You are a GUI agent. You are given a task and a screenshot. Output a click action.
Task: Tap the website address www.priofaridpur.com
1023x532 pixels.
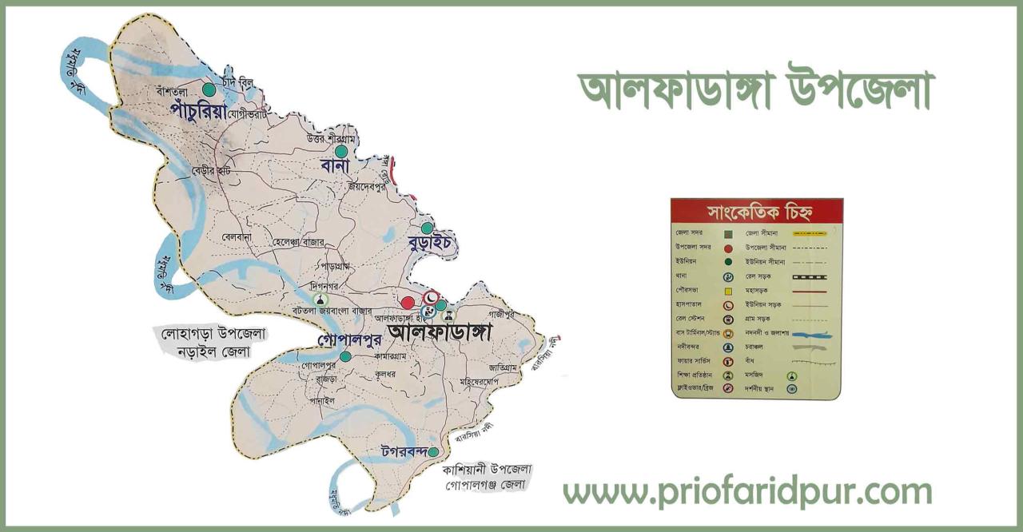click(x=747, y=493)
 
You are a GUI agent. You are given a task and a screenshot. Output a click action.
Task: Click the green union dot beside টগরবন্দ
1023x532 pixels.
click(x=433, y=452)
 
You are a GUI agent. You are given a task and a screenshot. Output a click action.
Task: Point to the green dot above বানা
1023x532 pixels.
click(x=341, y=151)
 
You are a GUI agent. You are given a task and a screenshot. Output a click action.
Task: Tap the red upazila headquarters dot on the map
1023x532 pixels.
click(x=408, y=303)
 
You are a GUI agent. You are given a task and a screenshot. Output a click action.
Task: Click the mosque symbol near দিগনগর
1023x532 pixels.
click(x=323, y=299)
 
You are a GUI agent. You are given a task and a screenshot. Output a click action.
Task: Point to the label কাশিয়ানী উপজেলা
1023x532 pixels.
click(x=487, y=469)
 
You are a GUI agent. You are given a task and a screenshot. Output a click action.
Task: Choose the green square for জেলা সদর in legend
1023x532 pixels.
click(x=728, y=234)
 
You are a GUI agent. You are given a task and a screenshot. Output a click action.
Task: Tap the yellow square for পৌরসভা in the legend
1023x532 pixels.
click(x=728, y=291)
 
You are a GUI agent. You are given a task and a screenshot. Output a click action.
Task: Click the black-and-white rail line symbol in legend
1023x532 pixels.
click(x=814, y=276)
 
